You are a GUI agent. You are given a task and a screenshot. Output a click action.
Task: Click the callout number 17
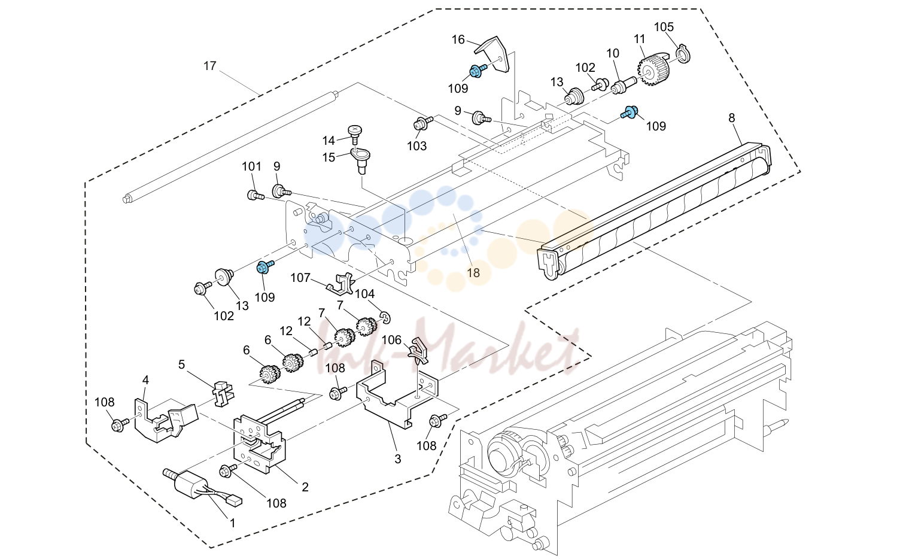(x=210, y=65)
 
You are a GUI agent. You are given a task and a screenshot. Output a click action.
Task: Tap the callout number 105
(x=664, y=27)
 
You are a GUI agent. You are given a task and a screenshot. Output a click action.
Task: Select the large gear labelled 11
(x=652, y=71)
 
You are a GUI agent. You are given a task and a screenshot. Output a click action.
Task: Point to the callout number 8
(x=732, y=118)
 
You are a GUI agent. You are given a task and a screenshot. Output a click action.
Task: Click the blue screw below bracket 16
(x=478, y=71)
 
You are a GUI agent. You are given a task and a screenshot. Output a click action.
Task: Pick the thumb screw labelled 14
(x=354, y=134)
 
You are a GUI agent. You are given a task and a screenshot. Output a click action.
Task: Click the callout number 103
(x=416, y=145)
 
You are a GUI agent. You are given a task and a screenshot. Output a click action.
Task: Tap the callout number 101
(x=251, y=166)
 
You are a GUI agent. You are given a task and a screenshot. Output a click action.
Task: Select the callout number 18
(x=473, y=273)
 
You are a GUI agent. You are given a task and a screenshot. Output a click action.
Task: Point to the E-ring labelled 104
(x=385, y=317)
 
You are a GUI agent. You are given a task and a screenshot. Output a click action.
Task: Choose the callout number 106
(x=391, y=340)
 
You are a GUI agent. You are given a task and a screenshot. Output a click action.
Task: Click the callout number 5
(x=181, y=364)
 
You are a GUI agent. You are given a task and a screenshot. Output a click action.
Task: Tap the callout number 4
(x=145, y=380)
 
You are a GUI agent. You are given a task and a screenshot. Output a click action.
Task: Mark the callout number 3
(x=397, y=459)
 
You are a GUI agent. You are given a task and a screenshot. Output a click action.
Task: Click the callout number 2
(x=305, y=487)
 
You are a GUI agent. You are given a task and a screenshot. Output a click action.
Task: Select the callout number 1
(x=232, y=523)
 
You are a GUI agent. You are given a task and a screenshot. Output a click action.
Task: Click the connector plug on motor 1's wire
(x=235, y=501)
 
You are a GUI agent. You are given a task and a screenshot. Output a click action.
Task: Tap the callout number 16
(x=458, y=40)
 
